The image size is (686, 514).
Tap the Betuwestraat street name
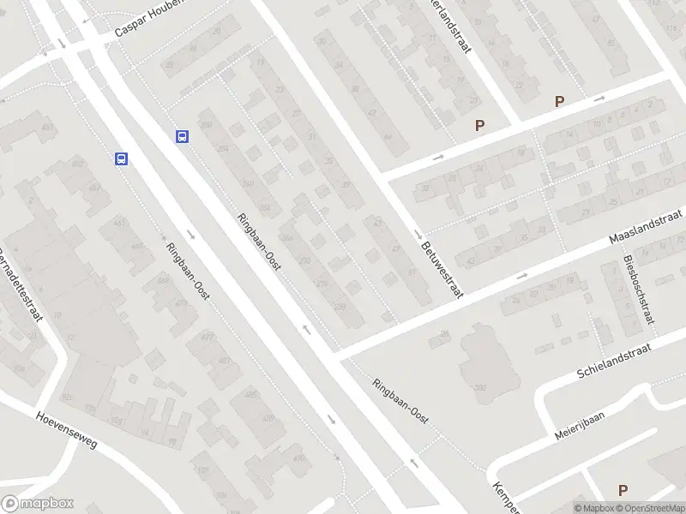click(x=442, y=268)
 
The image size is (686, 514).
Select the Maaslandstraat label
click(x=644, y=226)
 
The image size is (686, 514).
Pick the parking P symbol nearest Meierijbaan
click(x=623, y=490)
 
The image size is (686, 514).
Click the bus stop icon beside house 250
click(x=182, y=136)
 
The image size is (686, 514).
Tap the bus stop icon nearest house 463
click(x=122, y=158)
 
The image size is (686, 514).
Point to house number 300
click(x=480, y=388)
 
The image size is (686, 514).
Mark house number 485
click(x=250, y=394)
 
